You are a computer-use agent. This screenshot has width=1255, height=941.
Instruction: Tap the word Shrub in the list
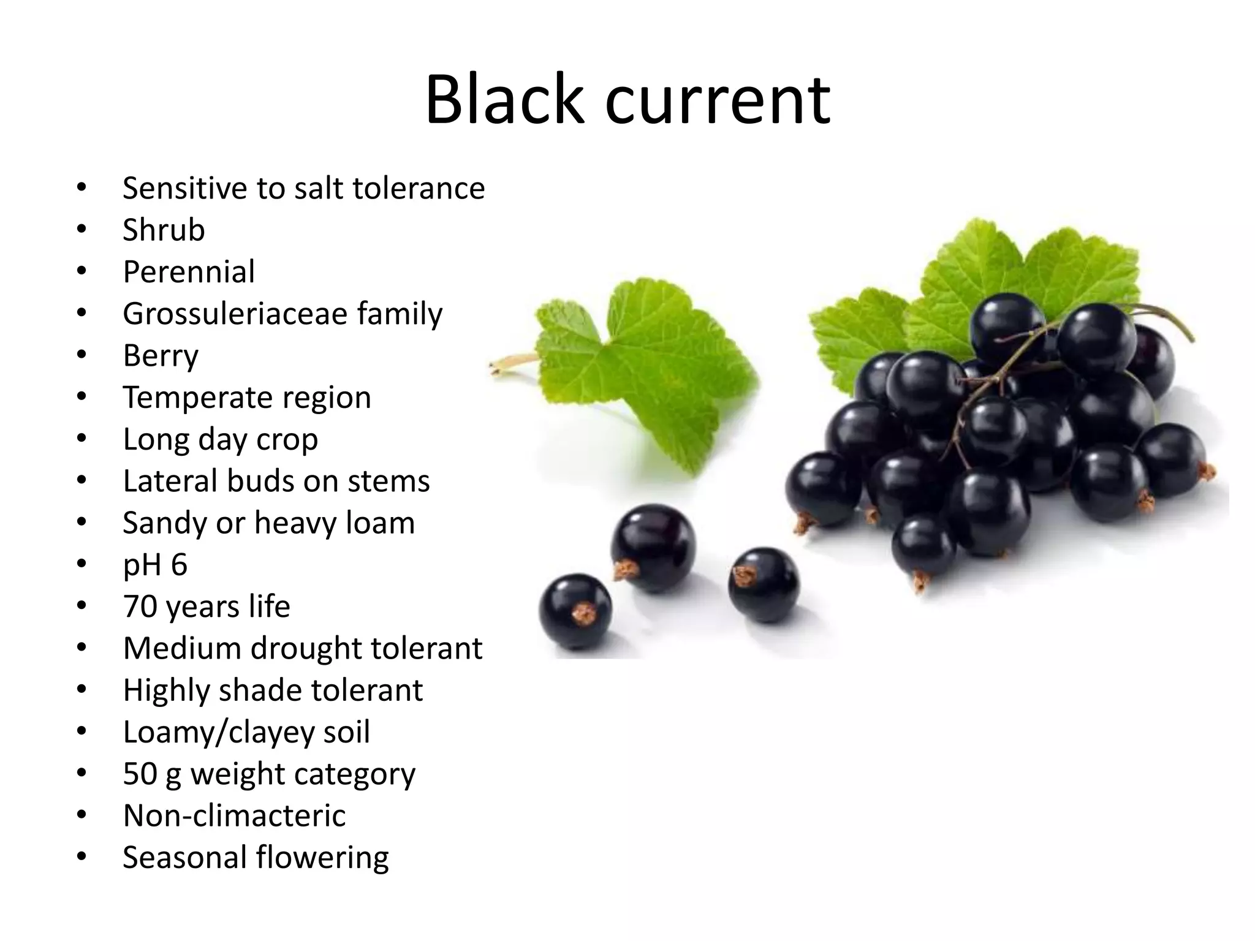[x=164, y=230]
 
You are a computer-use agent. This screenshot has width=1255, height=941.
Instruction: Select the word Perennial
[x=189, y=272]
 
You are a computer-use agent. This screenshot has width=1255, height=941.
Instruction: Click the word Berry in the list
[x=161, y=357]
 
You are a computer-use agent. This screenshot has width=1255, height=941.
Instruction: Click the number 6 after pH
[x=179, y=564]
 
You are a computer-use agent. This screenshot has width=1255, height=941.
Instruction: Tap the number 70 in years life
[x=140, y=607]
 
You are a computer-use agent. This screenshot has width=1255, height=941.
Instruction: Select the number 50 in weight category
[x=140, y=774]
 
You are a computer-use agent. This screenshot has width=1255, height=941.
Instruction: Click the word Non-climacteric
[x=234, y=816]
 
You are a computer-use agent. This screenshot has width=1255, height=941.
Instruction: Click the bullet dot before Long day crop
[x=82, y=439]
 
